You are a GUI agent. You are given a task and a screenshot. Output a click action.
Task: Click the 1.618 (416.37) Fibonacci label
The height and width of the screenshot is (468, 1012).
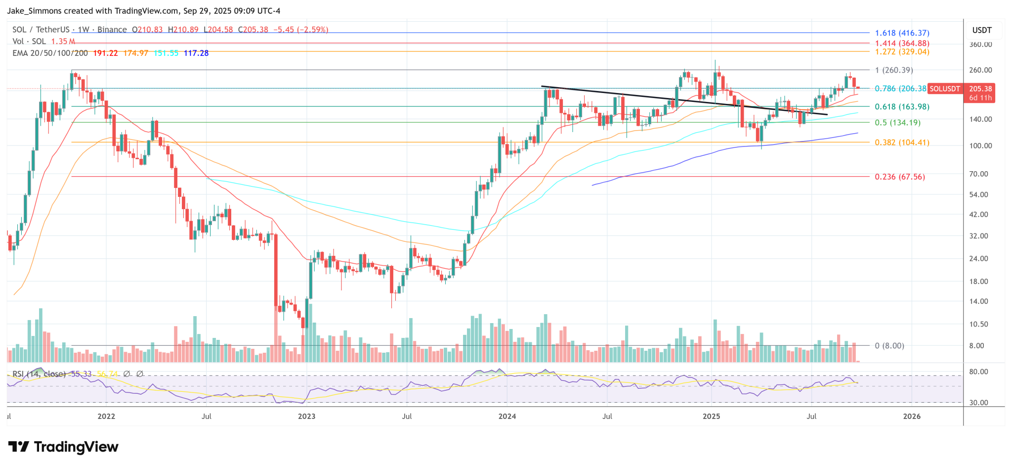click(902, 33)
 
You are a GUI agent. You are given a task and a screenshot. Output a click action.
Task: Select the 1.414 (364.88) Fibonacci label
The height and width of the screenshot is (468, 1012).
click(902, 44)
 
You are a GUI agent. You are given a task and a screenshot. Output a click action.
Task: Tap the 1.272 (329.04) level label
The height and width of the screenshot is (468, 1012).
click(902, 52)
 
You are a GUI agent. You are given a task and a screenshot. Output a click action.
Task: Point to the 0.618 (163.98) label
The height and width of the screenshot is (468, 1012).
click(902, 107)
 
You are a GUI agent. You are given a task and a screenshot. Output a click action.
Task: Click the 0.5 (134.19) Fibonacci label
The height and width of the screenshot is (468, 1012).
click(897, 123)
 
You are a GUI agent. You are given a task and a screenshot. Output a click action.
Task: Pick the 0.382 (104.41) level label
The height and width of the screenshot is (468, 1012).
click(902, 142)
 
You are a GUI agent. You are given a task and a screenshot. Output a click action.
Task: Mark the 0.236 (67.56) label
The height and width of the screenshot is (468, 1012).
click(899, 177)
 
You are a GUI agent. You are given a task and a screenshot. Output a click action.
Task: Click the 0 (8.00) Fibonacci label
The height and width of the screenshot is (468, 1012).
click(889, 346)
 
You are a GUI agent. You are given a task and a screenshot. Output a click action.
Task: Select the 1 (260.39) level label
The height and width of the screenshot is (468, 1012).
click(894, 70)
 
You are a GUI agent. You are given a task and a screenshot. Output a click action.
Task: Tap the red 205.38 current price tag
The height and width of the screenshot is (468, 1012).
click(980, 89)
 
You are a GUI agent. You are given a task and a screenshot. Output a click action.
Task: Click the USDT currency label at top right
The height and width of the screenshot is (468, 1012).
click(982, 30)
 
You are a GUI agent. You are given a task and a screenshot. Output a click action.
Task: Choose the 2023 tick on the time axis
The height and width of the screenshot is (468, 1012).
click(306, 417)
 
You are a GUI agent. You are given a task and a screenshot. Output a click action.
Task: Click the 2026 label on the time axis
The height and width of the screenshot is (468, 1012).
click(912, 417)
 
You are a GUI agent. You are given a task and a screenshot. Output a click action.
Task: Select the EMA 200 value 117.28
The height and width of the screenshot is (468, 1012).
click(196, 53)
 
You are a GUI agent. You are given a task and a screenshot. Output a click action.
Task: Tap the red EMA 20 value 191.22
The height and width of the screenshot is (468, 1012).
click(105, 53)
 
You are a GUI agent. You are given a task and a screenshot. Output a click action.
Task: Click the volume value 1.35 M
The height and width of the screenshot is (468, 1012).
click(63, 42)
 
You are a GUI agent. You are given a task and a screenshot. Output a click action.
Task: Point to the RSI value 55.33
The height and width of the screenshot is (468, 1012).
click(81, 374)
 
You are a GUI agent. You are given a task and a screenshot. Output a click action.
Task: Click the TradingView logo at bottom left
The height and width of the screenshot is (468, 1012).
click(63, 447)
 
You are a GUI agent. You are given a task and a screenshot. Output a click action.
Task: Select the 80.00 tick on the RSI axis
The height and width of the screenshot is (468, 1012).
click(978, 372)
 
